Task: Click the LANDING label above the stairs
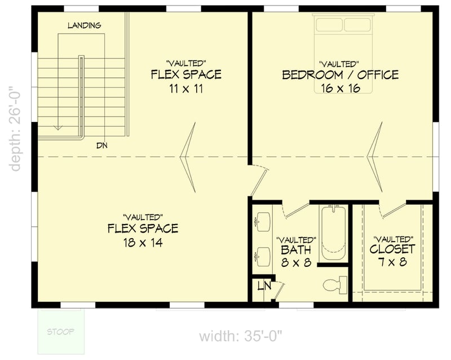84,25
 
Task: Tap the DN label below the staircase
101,145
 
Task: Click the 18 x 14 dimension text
142,243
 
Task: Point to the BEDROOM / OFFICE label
340,74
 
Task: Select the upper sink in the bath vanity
263,222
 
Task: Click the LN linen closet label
262,286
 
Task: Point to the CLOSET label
392,249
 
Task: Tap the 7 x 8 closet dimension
392,262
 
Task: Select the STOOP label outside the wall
60,331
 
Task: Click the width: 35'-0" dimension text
240,337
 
